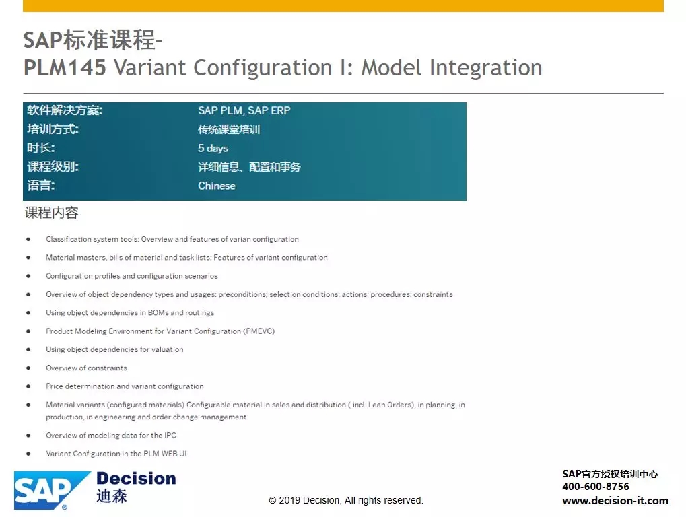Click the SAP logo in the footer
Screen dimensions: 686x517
click(52, 490)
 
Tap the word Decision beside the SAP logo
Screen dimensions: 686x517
click(136, 479)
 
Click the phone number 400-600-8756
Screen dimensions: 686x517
click(595, 487)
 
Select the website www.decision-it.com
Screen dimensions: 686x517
click(615, 500)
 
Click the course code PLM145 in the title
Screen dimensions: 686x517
click(65, 67)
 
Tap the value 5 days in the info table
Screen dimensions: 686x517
click(213, 148)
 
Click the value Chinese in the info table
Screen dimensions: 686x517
click(217, 186)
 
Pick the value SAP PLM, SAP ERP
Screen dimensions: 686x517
click(244, 110)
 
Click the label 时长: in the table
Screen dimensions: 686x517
click(40, 148)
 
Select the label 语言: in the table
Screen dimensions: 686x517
click(40, 185)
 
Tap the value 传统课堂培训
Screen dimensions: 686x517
click(229, 129)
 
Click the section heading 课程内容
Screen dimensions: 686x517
click(52, 213)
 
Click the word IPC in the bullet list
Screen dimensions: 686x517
click(170, 435)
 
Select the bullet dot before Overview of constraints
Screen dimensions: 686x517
click(28, 368)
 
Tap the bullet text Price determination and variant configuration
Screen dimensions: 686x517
click(125, 386)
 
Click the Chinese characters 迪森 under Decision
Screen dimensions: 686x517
click(112, 496)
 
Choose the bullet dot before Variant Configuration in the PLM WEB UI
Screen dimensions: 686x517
click(28, 454)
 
